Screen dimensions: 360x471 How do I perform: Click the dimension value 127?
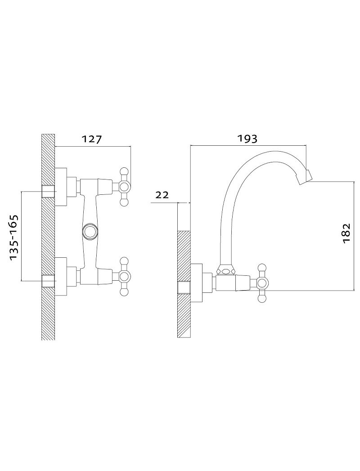92,139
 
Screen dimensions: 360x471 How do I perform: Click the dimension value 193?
247,139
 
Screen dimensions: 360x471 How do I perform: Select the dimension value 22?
162,195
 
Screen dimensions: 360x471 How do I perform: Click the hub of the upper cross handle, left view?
124,187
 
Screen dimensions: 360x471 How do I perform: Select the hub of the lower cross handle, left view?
124,276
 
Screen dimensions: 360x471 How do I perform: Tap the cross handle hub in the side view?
262,283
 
